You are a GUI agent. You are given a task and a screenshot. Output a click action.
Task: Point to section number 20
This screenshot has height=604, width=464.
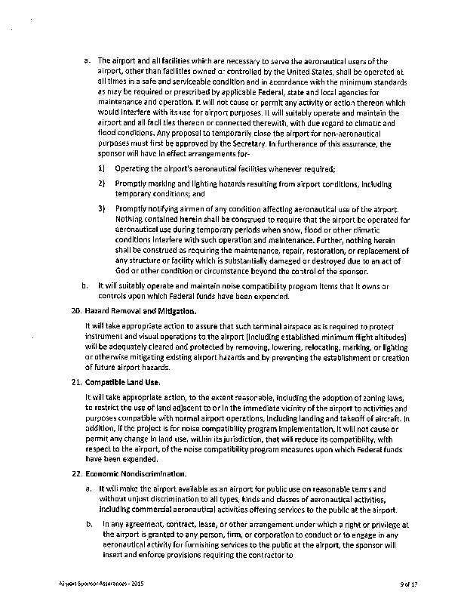[x=66, y=311]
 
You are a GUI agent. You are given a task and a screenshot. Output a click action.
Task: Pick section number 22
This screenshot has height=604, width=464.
[x=66, y=473]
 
